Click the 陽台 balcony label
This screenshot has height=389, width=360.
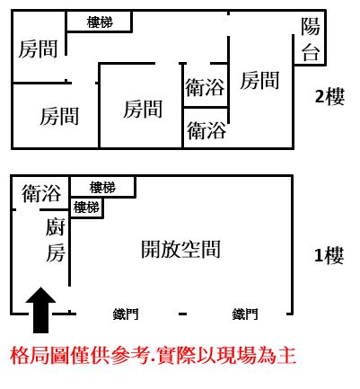[x=311, y=40]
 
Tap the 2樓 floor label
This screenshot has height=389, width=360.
[x=329, y=96]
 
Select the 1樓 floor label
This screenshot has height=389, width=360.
[x=329, y=255]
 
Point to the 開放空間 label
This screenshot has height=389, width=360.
[x=180, y=249]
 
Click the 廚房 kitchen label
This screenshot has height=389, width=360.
[x=56, y=240]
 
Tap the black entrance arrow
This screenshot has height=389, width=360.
[x=40, y=310]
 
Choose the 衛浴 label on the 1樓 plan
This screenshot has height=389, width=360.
[x=41, y=193]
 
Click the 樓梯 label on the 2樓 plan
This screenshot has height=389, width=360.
[x=100, y=22]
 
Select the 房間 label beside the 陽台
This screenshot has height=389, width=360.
[x=259, y=80]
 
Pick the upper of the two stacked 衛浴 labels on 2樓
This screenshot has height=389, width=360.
[x=205, y=87]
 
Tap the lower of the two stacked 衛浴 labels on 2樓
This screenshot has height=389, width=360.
[x=206, y=130]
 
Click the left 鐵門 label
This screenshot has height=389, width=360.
[x=126, y=314]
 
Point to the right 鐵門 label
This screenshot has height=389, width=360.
[x=245, y=314]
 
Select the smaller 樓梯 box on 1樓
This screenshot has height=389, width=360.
[x=87, y=208]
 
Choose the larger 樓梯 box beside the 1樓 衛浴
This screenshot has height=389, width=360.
[x=102, y=187]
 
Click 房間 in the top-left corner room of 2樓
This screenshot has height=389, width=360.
[x=38, y=49]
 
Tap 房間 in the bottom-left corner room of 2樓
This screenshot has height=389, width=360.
[x=59, y=116]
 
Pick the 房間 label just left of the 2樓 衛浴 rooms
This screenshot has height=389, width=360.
[x=143, y=109]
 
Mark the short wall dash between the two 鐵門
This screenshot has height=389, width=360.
[x=183, y=314]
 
